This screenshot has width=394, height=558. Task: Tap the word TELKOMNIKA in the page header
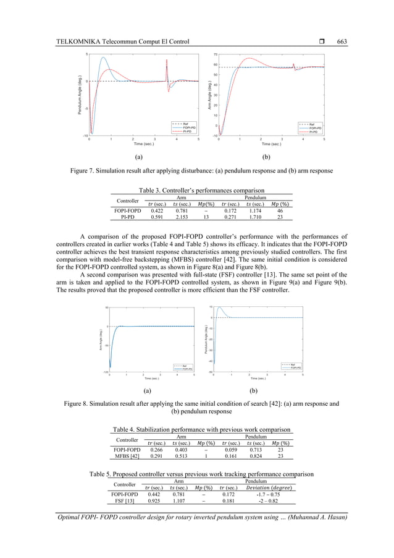[x=79, y=41]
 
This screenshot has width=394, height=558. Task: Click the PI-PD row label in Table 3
[x=127, y=217]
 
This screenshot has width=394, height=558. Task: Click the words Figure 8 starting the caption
[x=78, y=404]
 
